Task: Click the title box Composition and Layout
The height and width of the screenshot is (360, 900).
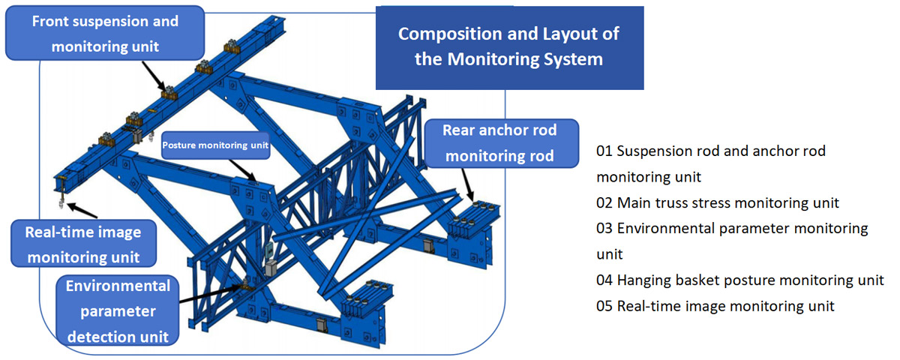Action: point(509,46)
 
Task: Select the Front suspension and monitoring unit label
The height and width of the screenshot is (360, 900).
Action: point(105,34)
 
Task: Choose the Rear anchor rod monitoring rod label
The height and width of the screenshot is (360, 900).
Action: point(499,143)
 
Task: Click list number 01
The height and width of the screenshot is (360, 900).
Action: point(604,151)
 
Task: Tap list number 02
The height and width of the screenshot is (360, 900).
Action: point(604,203)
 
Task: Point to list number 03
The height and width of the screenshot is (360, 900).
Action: point(604,228)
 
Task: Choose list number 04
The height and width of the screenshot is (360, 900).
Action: point(604,280)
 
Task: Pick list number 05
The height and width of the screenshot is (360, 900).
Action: point(604,306)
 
